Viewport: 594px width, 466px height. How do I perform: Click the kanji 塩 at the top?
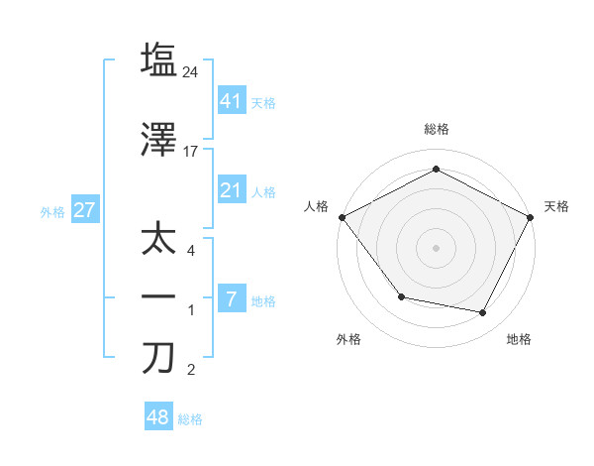tap(158, 59)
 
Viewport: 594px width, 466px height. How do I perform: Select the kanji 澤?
tap(158, 141)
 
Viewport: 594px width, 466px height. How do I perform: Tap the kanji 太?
tap(158, 241)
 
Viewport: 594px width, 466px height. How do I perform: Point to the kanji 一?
tap(158, 298)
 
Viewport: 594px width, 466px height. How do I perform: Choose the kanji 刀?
tap(158, 358)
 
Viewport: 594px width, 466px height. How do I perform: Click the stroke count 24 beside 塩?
tap(192, 71)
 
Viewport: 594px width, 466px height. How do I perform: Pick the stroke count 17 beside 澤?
tap(192, 152)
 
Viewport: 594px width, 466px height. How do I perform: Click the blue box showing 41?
tap(231, 100)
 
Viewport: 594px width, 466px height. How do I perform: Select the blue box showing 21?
tap(231, 190)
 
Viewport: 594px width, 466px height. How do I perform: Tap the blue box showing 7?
tap(231, 298)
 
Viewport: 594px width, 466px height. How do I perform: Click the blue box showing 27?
tap(84, 209)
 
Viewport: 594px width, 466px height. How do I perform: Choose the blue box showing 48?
tap(158, 417)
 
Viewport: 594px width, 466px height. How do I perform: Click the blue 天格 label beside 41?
tap(263, 102)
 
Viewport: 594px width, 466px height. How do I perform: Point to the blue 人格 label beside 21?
tap(263, 192)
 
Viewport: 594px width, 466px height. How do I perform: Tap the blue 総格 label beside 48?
tap(190, 419)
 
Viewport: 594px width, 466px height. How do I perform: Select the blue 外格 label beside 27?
tap(51, 211)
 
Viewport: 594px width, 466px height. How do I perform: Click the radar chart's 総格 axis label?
tap(436, 129)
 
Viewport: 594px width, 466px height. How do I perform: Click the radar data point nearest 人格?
tap(342, 216)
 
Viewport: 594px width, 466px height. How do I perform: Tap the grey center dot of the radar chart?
tap(436, 247)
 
